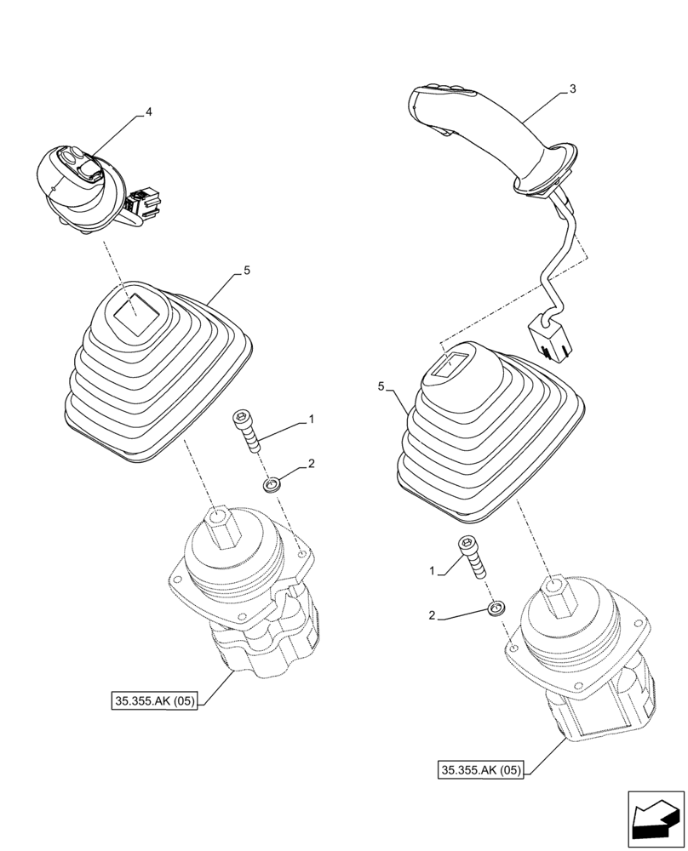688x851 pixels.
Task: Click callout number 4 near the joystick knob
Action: click(149, 111)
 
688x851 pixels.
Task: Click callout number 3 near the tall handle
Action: click(572, 89)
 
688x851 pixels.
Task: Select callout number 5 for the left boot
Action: click(246, 271)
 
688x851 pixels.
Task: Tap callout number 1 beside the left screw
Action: click(312, 419)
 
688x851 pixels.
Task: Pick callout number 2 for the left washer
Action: click(312, 464)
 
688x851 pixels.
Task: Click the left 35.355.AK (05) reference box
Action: click(154, 702)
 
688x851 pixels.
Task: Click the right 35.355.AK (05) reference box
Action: click(482, 771)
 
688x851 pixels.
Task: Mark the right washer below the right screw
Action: click(496, 608)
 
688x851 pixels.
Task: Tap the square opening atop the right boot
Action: click(449, 364)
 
